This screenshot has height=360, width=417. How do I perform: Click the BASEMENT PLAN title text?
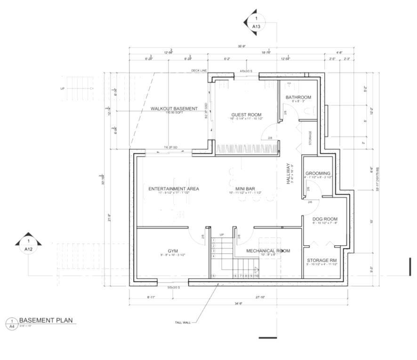[x=46, y=320]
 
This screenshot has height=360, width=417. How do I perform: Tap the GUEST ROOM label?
[x=246, y=115]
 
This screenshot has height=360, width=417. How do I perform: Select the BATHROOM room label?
[x=298, y=97]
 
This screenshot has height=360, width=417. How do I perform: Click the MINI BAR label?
[x=245, y=189]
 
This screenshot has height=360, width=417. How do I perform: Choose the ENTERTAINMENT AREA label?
[x=174, y=189]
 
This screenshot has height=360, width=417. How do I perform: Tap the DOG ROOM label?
[x=325, y=219]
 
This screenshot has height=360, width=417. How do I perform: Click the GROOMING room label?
[x=318, y=173]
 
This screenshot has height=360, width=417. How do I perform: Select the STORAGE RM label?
[x=321, y=260]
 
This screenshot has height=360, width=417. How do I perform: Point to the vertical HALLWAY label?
[x=289, y=173]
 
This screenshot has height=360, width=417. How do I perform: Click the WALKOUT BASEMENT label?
[x=174, y=109]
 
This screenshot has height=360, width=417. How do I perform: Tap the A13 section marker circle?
[x=256, y=23]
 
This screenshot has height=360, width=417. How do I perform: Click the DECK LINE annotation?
[x=199, y=71]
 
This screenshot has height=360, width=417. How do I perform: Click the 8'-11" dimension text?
[x=151, y=297]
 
